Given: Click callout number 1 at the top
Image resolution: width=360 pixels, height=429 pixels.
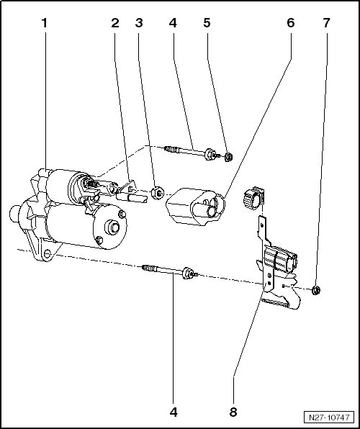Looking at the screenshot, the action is click(45, 23).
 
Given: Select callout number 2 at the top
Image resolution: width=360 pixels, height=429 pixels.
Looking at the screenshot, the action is click(115, 23).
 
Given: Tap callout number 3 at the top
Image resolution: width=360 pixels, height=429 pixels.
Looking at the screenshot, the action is click(139, 23).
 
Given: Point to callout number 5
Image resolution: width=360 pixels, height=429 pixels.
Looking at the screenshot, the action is click(207, 23).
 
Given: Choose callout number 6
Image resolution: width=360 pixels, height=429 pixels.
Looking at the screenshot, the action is click(290, 23).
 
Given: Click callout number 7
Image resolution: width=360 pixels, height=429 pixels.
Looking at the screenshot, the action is click(326, 23).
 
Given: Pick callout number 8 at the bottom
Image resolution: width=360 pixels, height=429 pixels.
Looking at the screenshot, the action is click(233, 412).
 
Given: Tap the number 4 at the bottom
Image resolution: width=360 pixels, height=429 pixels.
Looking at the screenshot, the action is click(174, 412).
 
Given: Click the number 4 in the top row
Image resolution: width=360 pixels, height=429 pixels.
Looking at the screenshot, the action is click(173, 23).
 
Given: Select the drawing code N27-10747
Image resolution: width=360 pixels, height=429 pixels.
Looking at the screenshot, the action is click(329, 417).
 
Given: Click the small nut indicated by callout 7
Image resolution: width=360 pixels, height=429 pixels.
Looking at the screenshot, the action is click(316, 290).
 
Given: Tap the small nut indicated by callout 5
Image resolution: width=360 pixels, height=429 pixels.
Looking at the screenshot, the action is click(228, 157).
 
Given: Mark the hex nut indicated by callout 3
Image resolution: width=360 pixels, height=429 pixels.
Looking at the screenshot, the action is click(158, 193).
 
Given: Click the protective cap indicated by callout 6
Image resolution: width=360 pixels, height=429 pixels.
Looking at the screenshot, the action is click(195, 207).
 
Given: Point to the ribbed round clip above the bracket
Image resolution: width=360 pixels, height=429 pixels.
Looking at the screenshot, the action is click(253, 198).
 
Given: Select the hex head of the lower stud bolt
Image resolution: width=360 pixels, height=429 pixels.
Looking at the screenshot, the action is click(187, 273).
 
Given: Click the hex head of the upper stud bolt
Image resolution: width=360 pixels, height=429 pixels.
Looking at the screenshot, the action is click(209, 154).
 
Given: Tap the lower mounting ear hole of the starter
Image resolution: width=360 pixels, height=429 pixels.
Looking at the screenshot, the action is click(47, 253).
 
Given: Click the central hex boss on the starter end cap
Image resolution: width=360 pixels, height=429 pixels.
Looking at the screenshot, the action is click(112, 227).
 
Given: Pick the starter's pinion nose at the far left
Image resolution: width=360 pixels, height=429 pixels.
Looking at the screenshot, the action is click(14, 214).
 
